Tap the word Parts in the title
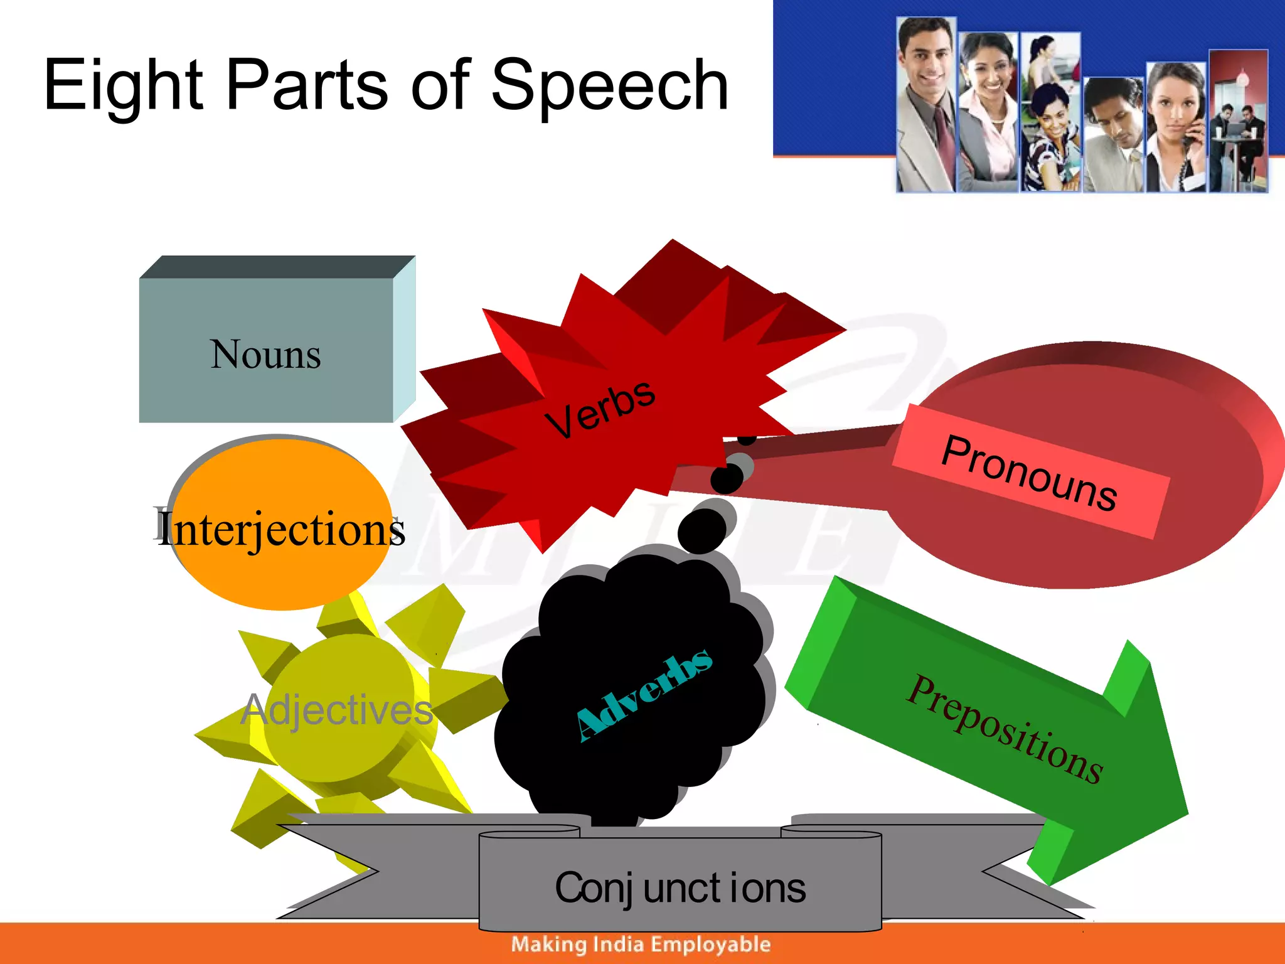point(307,85)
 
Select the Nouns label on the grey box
point(265,355)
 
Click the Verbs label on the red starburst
point(600,409)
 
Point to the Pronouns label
point(1029,472)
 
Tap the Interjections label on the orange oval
point(280,528)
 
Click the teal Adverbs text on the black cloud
point(644,695)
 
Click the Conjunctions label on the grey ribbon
point(680,888)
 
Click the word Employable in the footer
point(710,944)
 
